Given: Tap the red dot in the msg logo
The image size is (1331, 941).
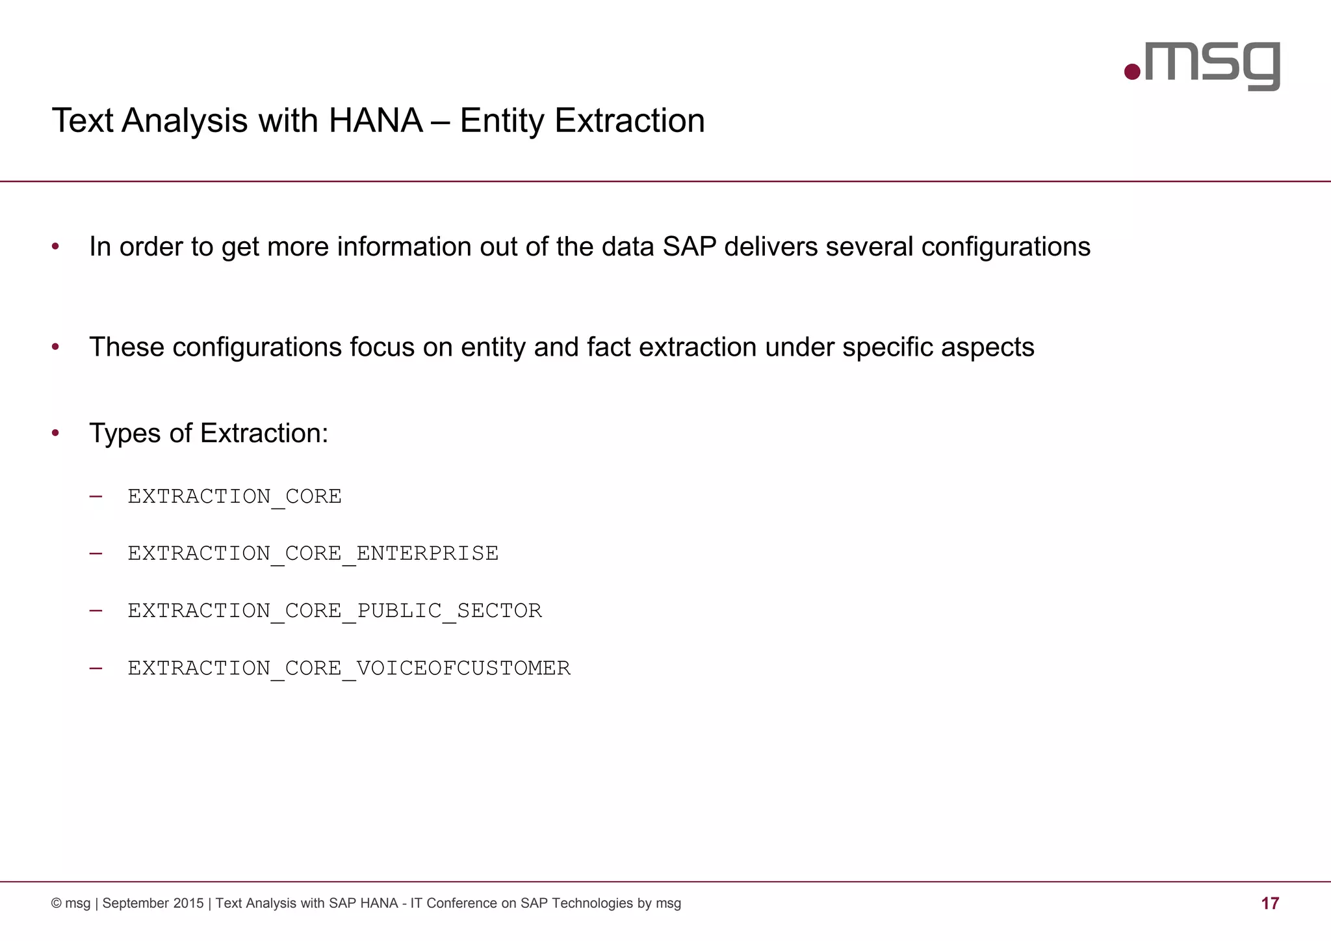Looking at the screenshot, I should click(1132, 72).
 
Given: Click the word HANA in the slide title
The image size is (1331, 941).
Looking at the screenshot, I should click(376, 121).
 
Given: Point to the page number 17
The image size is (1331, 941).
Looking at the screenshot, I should click(1270, 903).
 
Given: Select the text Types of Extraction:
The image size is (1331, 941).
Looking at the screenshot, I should click(209, 433).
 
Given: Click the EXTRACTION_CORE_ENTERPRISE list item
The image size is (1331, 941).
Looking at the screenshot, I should click(313, 553).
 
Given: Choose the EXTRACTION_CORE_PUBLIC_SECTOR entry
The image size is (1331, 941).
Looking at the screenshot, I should click(334, 611).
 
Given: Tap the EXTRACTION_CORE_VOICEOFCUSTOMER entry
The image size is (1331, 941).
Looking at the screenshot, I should click(349, 668).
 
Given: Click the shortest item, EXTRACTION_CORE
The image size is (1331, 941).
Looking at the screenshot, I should click(234, 496).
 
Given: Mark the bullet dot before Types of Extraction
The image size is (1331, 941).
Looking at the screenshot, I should click(56, 433).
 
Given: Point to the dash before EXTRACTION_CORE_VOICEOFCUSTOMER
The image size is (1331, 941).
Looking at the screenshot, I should click(96, 668).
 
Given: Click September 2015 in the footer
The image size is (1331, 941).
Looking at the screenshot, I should click(153, 903).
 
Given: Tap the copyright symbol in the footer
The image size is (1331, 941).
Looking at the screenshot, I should click(57, 903).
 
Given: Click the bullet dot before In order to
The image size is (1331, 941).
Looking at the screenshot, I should click(56, 247).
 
